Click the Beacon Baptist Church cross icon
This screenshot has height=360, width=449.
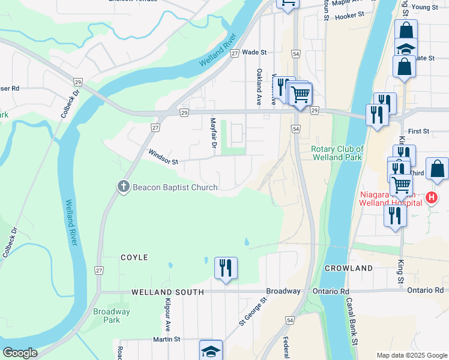[124, 187]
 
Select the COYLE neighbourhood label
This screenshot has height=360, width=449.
[134, 257]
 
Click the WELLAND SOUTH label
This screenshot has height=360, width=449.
[168, 292]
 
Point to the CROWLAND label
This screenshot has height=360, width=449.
[345, 268]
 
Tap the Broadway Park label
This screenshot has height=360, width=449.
[111, 316]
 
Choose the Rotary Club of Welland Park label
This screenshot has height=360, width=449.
[337, 153]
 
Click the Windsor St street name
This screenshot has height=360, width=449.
[163, 158]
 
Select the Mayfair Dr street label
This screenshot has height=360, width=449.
[213, 132]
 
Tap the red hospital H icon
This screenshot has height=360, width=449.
[430, 197]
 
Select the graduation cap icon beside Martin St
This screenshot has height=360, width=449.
[211, 351]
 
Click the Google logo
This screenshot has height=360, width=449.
[20, 353]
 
